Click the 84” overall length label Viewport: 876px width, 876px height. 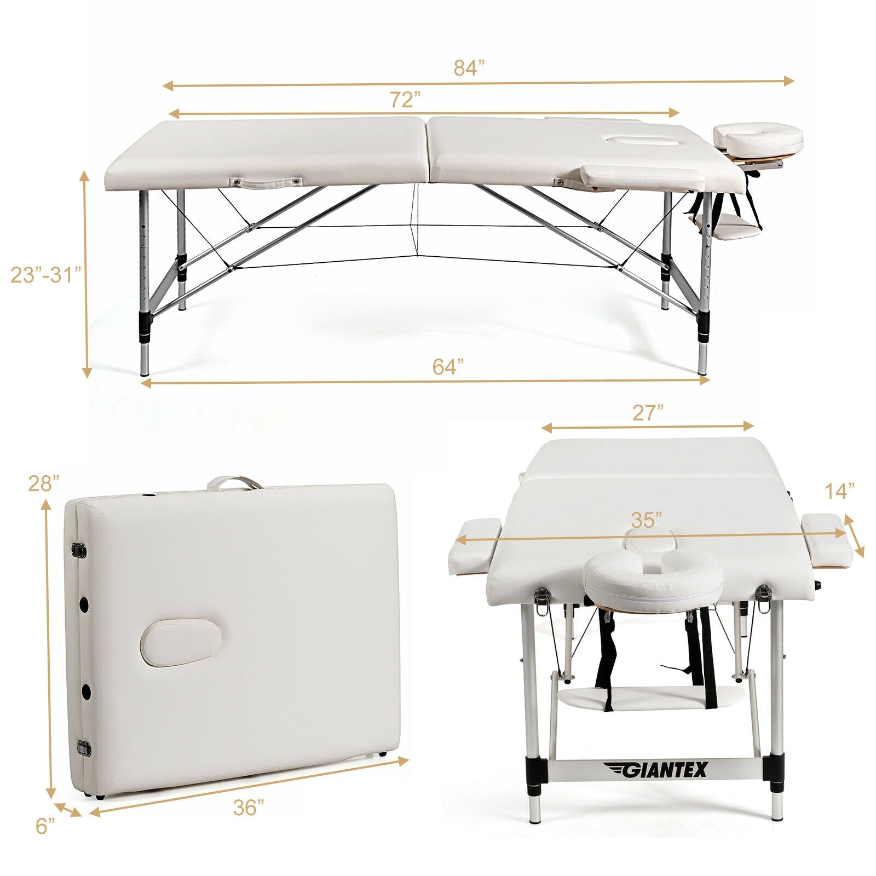click(x=469, y=68)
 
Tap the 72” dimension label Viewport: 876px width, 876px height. click(x=405, y=100)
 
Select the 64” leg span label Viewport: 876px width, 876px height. click(x=448, y=366)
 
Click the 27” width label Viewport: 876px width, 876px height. click(x=648, y=413)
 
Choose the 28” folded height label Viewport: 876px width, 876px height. click(x=44, y=483)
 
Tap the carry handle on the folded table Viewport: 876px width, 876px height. click(x=234, y=482)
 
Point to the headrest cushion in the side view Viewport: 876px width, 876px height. click(x=758, y=137)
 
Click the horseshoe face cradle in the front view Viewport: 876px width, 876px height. click(x=653, y=578)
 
